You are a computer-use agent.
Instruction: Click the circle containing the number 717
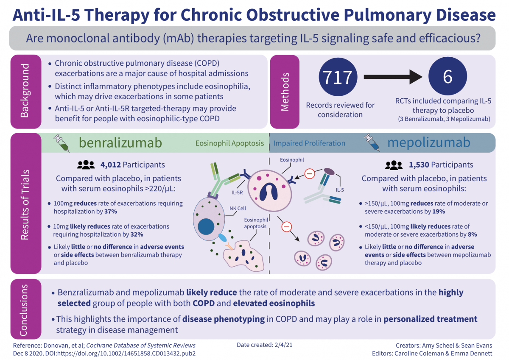(x=338, y=78)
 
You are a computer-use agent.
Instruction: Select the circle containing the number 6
(x=447, y=78)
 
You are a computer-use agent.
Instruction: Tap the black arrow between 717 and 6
(x=393, y=78)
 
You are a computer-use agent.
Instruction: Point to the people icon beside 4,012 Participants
(x=86, y=165)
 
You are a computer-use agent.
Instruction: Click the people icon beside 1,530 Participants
(x=394, y=165)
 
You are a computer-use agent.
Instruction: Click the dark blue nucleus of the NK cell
(x=206, y=227)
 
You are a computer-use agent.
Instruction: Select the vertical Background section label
(x=25, y=91)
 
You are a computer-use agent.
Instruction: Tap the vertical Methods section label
(x=285, y=91)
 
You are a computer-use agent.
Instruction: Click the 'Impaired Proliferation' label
(x=309, y=143)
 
